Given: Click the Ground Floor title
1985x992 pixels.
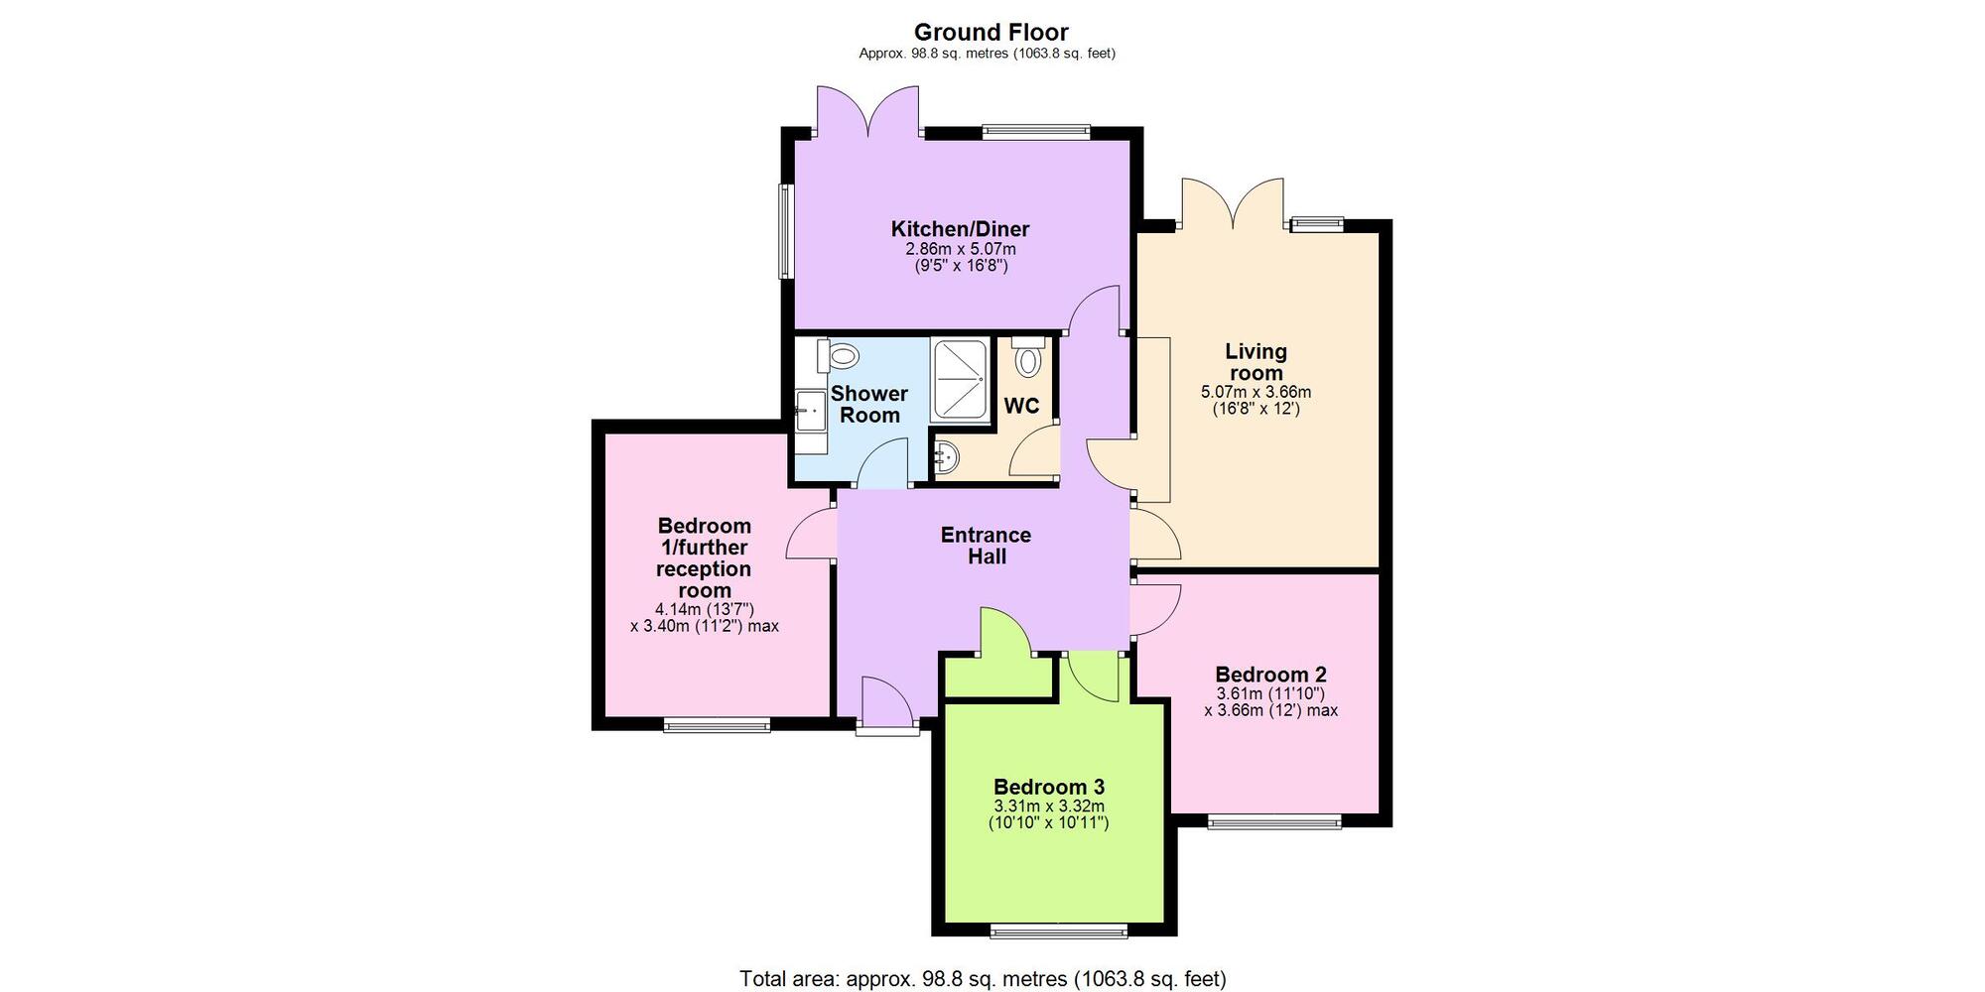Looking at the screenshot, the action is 991,32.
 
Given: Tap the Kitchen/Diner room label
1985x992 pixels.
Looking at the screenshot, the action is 960,229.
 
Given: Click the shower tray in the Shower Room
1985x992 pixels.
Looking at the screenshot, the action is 960,381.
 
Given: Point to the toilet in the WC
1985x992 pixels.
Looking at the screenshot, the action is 1028,357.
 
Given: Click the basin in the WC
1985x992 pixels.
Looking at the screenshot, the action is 947,457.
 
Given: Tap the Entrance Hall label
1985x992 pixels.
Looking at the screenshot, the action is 986,546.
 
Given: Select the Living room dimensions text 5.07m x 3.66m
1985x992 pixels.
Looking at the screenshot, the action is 1256,392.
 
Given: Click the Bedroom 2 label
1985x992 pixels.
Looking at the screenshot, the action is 1270,675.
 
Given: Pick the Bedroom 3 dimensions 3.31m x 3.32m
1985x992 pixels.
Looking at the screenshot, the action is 1049,806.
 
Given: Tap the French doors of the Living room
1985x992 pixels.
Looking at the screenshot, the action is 1232,204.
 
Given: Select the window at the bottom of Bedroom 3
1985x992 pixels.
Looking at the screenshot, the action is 1059,930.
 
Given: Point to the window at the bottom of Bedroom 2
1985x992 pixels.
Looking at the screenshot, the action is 1273,821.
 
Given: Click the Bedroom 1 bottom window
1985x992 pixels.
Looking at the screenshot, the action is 717,726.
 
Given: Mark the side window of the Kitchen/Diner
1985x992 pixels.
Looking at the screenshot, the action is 784,232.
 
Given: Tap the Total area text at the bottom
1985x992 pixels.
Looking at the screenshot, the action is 983,979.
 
